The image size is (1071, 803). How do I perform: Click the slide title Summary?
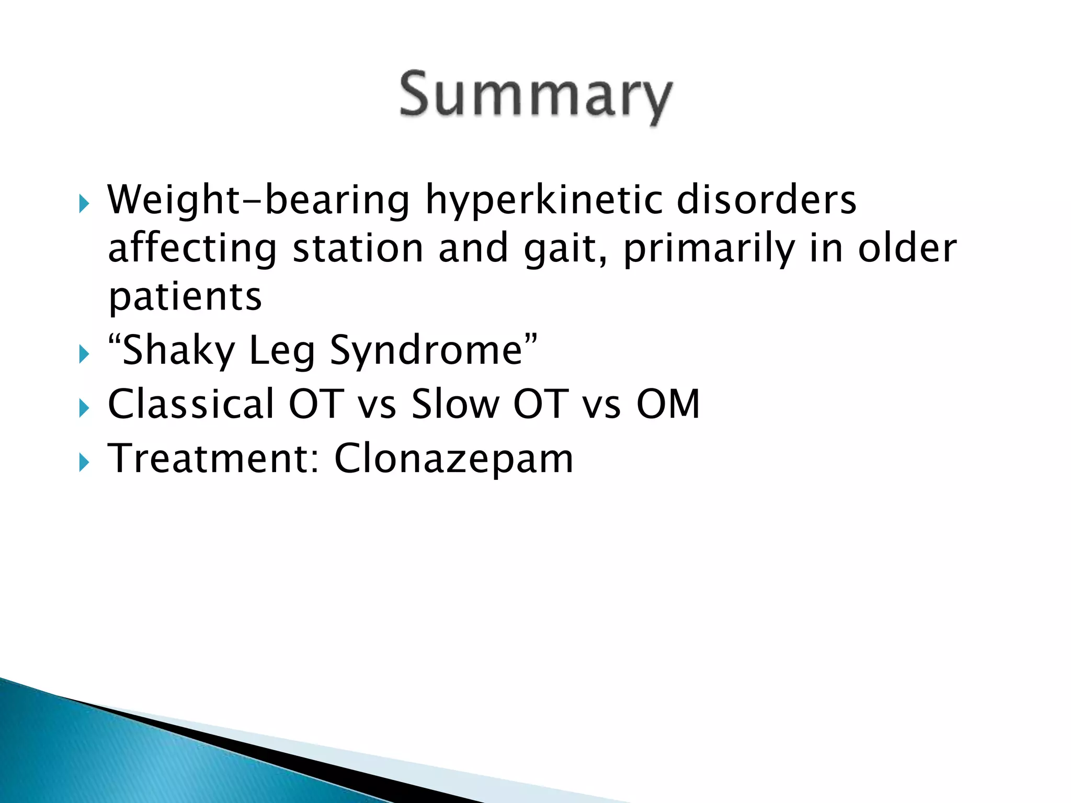point(535,97)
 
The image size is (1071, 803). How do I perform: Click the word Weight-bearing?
point(258,200)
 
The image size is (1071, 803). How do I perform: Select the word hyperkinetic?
point(544,200)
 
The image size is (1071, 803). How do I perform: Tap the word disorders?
point(767,200)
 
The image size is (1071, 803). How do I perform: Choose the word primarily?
point(709,249)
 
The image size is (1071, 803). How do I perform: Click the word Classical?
point(191,404)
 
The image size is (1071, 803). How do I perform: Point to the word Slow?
point(455,404)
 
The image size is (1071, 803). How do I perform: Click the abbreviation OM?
point(668,404)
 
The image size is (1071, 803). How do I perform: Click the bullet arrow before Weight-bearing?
point(84,203)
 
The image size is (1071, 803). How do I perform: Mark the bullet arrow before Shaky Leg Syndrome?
point(84,355)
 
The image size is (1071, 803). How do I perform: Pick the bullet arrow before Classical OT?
point(84,408)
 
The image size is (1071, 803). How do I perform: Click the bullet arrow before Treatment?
point(84,463)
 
